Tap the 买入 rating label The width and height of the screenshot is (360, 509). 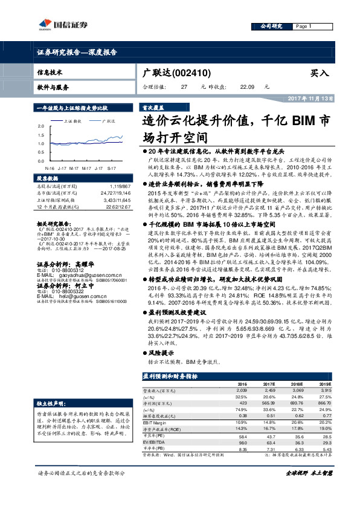point(320,73)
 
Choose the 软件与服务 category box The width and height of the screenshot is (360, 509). point(53,87)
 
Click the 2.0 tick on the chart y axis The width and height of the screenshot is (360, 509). point(41,125)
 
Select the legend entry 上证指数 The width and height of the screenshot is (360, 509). point(73,120)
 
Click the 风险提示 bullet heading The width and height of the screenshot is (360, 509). point(160,352)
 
